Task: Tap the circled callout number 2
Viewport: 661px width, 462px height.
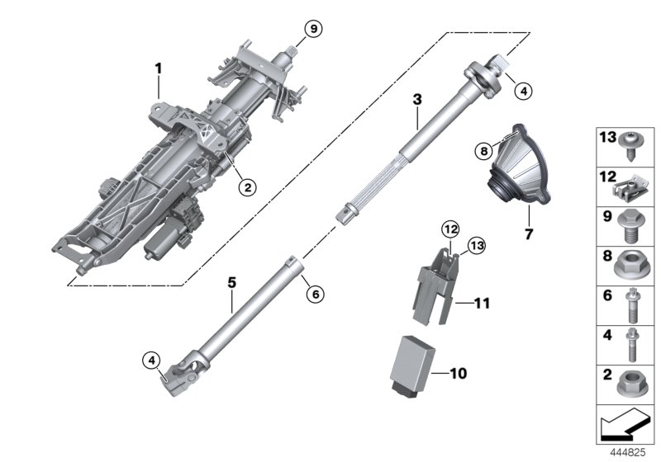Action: [245, 187]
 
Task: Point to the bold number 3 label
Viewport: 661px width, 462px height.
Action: [418, 100]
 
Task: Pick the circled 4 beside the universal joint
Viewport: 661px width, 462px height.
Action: [150, 360]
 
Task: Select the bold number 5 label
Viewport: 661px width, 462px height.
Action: [232, 283]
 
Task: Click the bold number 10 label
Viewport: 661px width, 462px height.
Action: [458, 374]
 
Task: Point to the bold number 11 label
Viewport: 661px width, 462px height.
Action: [483, 304]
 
